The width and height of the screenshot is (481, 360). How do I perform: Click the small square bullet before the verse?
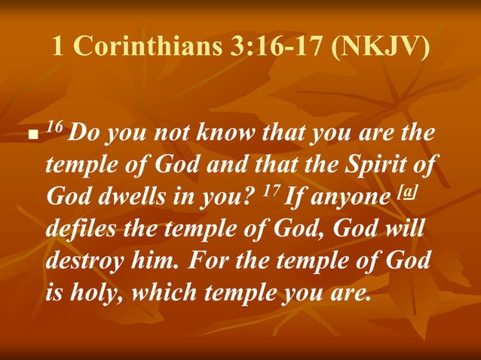[31, 139]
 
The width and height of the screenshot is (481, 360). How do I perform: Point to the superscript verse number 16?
[54, 127]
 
